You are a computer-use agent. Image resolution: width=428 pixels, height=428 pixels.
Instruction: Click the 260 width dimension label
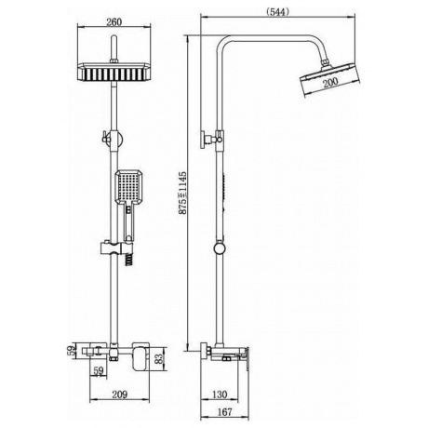(114, 22)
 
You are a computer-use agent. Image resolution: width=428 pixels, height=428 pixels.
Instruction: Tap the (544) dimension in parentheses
(277, 12)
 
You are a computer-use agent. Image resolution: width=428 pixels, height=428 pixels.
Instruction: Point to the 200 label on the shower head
(330, 83)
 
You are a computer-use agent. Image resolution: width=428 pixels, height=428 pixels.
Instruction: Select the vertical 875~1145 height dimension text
(183, 193)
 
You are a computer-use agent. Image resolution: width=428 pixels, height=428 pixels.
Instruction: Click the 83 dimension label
(158, 358)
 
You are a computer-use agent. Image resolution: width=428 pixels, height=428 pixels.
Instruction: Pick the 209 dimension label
(120, 395)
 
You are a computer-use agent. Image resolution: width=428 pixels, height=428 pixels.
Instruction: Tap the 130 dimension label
(220, 395)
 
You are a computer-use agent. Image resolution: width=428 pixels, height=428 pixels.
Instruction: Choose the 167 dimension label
(224, 412)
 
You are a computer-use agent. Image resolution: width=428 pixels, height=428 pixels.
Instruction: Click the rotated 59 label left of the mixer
(72, 351)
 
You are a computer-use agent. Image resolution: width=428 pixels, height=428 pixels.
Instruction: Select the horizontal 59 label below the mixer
(99, 371)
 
